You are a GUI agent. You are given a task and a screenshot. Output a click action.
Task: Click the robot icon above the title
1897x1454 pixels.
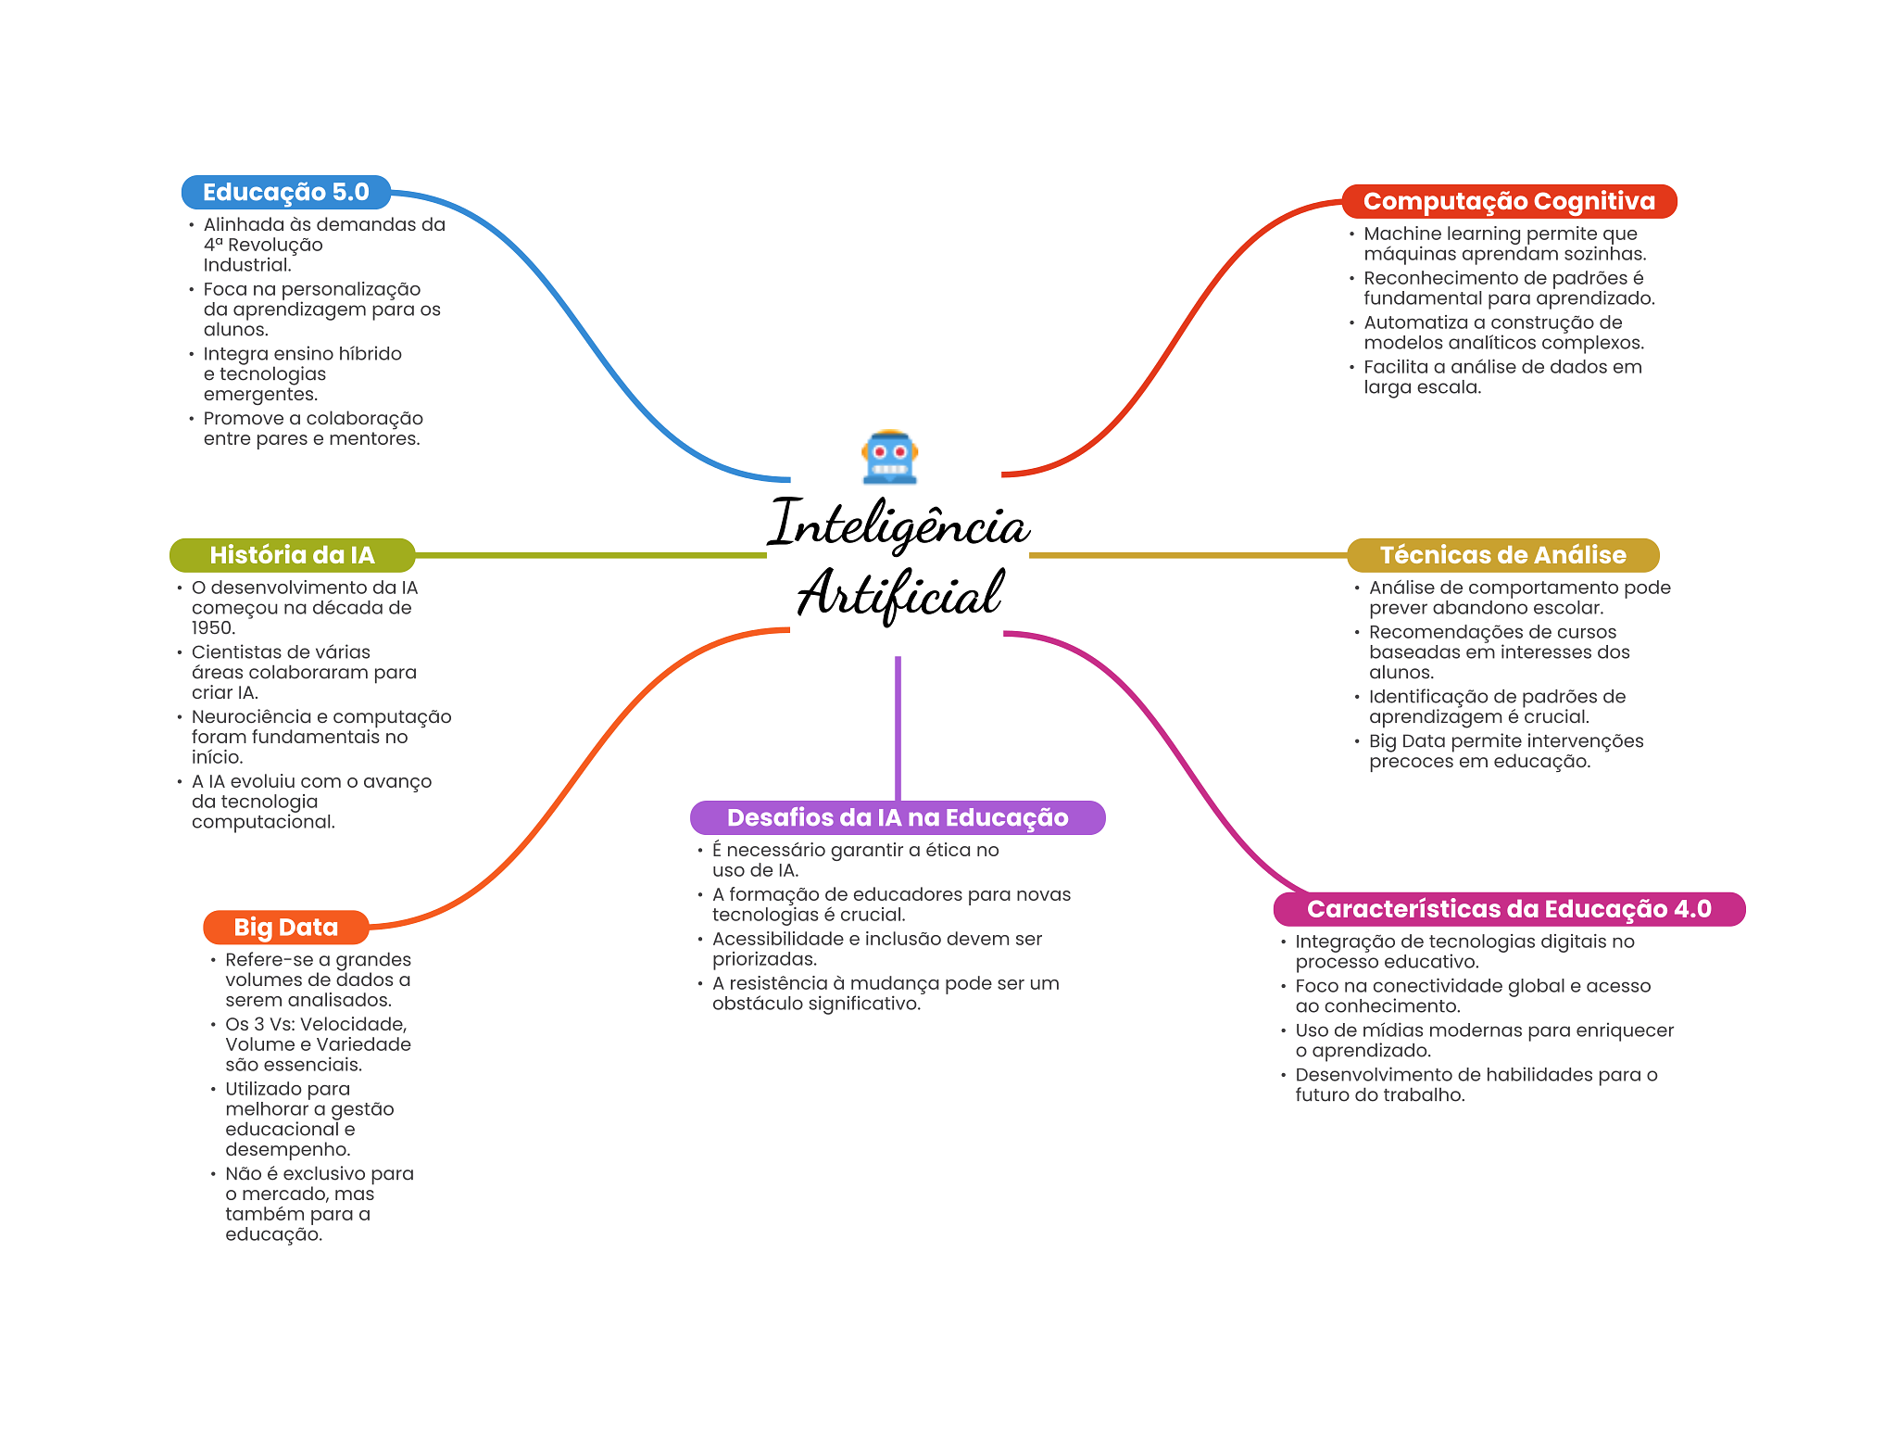[x=889, y=457]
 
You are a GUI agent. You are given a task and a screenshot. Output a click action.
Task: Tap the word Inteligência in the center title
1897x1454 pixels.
[x=898, y=525]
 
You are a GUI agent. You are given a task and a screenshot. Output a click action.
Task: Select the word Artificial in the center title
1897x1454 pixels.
[x=899, y=593]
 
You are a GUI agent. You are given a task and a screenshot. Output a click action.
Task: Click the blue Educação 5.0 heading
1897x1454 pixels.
[x=285, y=193]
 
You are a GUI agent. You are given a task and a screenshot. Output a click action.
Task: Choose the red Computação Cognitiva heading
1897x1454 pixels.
[x=1508, y=202]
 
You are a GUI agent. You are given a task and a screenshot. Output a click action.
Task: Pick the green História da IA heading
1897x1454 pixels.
[x=292, y=555]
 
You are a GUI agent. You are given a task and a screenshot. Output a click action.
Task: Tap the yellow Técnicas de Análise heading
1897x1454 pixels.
[x=1502, y=555]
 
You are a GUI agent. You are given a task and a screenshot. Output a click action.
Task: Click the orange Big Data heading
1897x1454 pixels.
[x=285, y=928]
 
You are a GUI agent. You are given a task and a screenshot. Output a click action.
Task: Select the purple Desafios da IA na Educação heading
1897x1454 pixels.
[x=897, y=817]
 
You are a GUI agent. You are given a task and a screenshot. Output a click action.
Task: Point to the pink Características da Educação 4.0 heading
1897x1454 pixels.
[x=1508, y=909]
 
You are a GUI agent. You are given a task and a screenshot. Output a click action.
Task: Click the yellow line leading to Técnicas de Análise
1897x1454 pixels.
[x=1187, y=555]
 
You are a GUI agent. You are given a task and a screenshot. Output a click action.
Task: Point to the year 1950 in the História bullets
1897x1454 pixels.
[x=212, y=628]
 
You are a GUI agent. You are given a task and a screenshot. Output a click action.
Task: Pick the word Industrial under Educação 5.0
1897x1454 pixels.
[x=246, y=265]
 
